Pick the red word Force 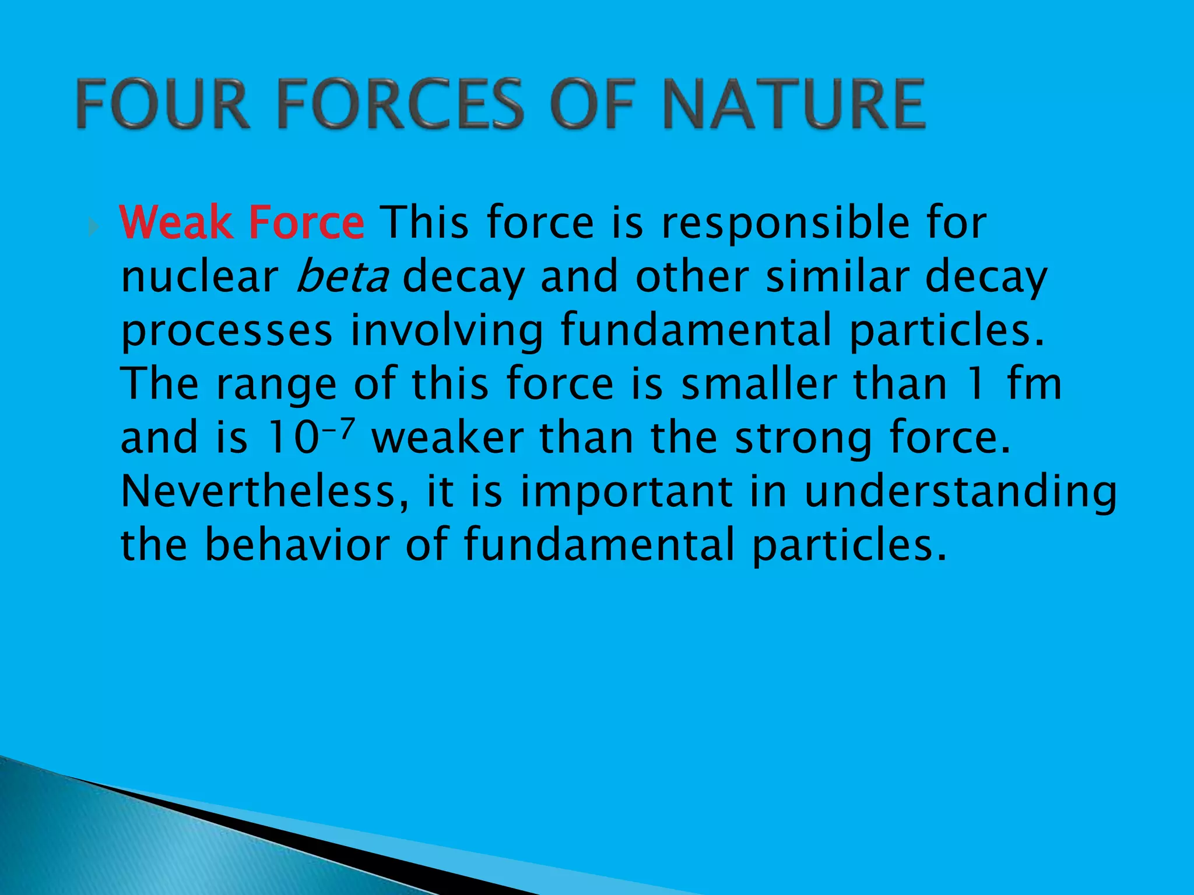[x=306, y=223]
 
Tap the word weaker [x=448, y=438]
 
